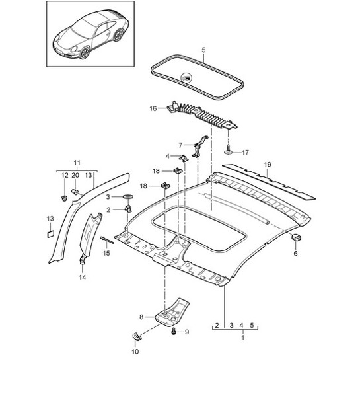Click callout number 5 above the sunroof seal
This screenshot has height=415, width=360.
203,50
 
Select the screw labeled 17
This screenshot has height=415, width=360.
228,151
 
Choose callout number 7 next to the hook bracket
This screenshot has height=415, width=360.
179,145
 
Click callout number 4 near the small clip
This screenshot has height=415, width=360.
168,157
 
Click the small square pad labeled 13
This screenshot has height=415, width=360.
50,233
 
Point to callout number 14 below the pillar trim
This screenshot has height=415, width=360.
83,278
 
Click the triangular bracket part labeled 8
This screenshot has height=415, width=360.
174,309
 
